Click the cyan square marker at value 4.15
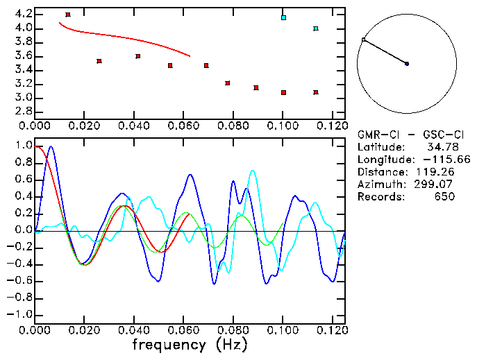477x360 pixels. click(x=283, y=17)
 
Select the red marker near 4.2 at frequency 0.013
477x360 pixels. click(x=67, y=15)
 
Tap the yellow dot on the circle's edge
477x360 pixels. click(x=363, y=40)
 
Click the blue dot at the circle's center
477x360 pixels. click(x=407, y=64)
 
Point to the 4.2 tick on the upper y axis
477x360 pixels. click(x=22, y=14)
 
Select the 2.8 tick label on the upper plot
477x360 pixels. click(x=22, y=112)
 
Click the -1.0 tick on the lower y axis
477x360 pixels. click(x=19, y=314)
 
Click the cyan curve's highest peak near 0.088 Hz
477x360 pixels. click(x=252, y=171)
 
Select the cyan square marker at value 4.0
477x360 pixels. click(x=316, y=28)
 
